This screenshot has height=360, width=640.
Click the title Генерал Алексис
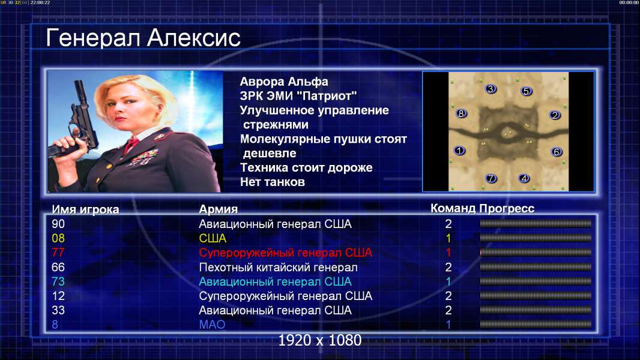[x=143, y=38]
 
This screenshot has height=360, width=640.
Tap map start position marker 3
[x=491, y=88]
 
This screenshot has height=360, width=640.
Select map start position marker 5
[x=526, y=91]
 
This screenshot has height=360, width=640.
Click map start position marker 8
[x=461, y=113]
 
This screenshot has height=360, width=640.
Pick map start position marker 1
[x=460, y=151]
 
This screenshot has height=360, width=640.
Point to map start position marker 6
[x=556, y=152]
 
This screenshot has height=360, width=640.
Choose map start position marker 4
[x=524, y=178]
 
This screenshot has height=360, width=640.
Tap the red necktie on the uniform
[x=131, y=145]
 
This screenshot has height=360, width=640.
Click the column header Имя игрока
[x=85, y=209]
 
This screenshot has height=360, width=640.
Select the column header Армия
[x=218, y=209]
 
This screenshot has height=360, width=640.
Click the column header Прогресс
[x=507, y=208]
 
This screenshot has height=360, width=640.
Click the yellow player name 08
[x=58, y=238]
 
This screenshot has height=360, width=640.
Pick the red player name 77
[x=58, y=253]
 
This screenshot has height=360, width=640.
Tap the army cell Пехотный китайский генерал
[x=278, y=268]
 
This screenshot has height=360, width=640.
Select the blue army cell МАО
[x=213, y=325]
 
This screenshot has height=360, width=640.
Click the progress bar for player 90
[x=536, y=223]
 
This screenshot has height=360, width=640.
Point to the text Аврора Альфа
[x=283, y=82]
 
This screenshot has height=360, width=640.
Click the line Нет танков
[x=272, y=182]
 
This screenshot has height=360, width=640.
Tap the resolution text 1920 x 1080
[x=319, y=340]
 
